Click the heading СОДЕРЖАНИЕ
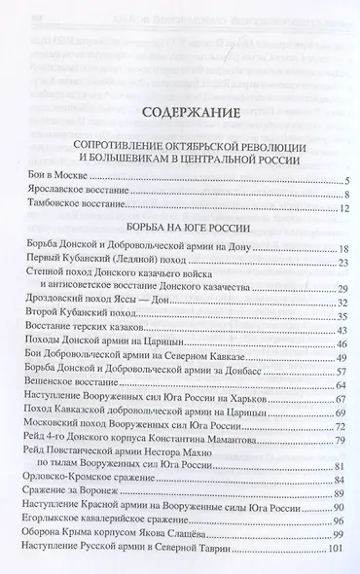click(180, 114)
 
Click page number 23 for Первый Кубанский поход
click(342, 263)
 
